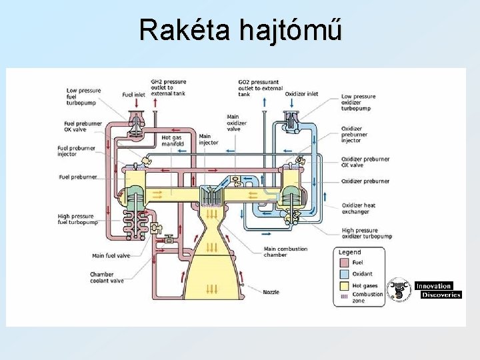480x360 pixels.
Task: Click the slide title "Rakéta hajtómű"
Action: point(240,30)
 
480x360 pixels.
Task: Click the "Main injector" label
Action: point(208,139)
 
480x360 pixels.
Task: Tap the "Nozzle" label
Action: point(271,292)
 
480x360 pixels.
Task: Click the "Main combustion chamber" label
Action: point(285,252)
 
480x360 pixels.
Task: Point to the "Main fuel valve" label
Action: point(111,255)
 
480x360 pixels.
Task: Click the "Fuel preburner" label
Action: point(78,177)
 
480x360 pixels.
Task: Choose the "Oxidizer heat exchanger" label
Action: point(359,209)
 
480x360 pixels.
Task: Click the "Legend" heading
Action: point(349,252)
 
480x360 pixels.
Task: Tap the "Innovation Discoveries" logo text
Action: point(437,290)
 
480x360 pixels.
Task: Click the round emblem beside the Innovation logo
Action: point(399,289)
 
